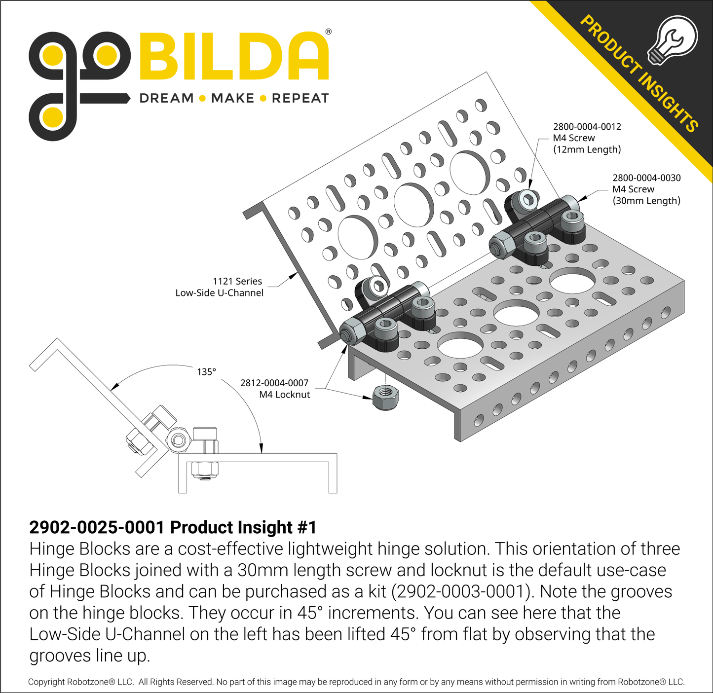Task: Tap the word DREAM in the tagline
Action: pos(166,98)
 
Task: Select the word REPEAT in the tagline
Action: pos(300,98)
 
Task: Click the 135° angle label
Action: pos(206,372)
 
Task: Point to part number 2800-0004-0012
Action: pos(587,127)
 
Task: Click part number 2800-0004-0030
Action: pos(646,178)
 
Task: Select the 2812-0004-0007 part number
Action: pos(274,383)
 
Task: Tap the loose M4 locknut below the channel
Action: pos(385,397)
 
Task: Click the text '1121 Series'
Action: pos(237,281)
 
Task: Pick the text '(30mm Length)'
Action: pos(646,201)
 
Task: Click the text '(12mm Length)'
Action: pos(587,149)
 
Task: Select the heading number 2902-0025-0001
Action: pos(97,527)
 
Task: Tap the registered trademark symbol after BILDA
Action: pos(329,32)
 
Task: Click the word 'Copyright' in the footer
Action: pos(46,682)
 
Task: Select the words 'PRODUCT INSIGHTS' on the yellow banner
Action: pos(639,74)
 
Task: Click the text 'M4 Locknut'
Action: pos(285,395)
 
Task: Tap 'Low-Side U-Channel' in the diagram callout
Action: pos(220,293)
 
